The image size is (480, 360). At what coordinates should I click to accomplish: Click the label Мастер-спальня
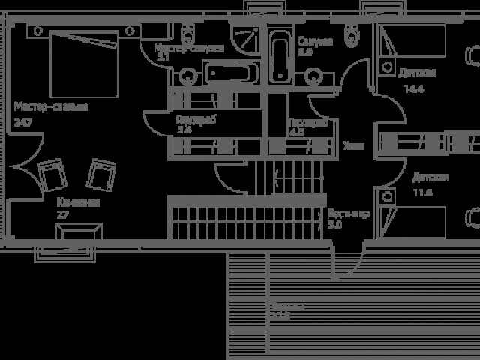click(51, 107)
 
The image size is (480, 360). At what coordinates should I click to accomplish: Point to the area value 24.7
click(22, 121)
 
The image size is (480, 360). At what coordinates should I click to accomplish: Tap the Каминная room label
click(78, 202)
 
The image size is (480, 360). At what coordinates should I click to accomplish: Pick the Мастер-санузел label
click(189, 48)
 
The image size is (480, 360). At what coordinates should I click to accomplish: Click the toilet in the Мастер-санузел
click(190, 33)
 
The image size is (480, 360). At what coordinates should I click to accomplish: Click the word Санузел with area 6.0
click(314, 41)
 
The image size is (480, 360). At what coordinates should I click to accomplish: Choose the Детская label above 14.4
click(417, 73)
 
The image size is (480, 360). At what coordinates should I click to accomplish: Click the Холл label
click(353, 146)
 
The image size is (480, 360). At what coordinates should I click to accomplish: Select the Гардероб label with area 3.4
click(196, 119)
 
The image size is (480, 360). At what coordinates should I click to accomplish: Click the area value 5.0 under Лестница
click(334, 224)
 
